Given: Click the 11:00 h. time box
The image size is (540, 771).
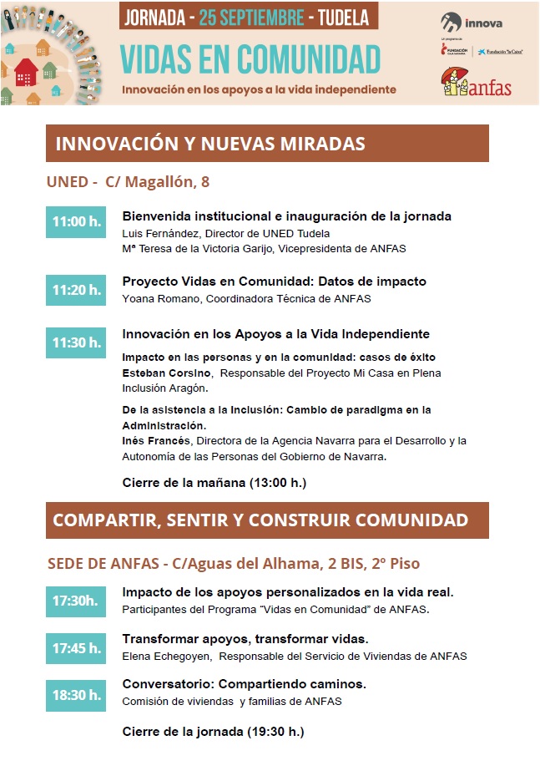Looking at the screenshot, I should [76, 222].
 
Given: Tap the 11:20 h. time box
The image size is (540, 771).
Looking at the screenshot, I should [76, 290].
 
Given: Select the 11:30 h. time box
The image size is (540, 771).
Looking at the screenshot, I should [76, 342].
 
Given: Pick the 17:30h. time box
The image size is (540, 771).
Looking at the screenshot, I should [76, 601].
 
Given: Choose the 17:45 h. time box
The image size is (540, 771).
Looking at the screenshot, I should [76, 647].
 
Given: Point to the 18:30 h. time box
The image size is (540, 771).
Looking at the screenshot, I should [76, 694].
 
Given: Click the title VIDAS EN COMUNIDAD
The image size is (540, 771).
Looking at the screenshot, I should [250, 58].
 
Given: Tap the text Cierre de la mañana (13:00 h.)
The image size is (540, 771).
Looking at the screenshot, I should [214, 482].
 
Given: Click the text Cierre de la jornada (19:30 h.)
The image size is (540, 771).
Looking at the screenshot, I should [213, 732].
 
